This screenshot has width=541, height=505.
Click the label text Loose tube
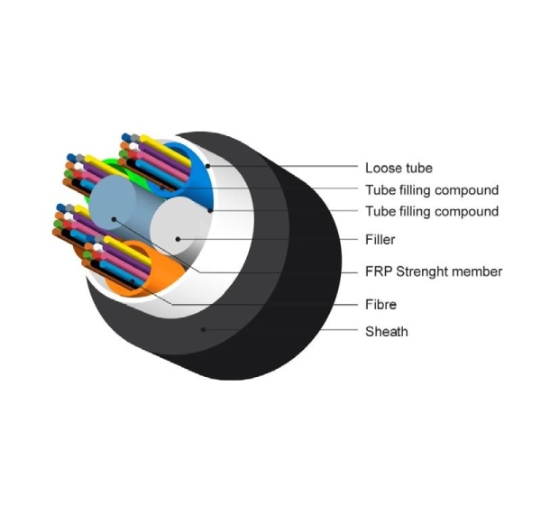coord(399,168)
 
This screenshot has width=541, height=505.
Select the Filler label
coord(381,240)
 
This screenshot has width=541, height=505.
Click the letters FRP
coord(380,271)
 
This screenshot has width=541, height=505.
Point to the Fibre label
coord(381,305)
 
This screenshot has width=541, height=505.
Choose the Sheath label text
coord(387,332)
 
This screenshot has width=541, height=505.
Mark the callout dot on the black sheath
coord(203,330)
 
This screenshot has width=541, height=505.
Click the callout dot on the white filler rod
coord(178,239)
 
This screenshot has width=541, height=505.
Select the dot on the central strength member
coord(114,219)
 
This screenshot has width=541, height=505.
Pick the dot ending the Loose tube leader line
coord(207,166)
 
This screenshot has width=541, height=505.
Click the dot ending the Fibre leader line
coord(133,281)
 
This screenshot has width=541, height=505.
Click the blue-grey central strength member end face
coord(113,203)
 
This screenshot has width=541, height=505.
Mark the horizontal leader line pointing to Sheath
coord(280,330)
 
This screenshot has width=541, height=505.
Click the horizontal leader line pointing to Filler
coord(268,239)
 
